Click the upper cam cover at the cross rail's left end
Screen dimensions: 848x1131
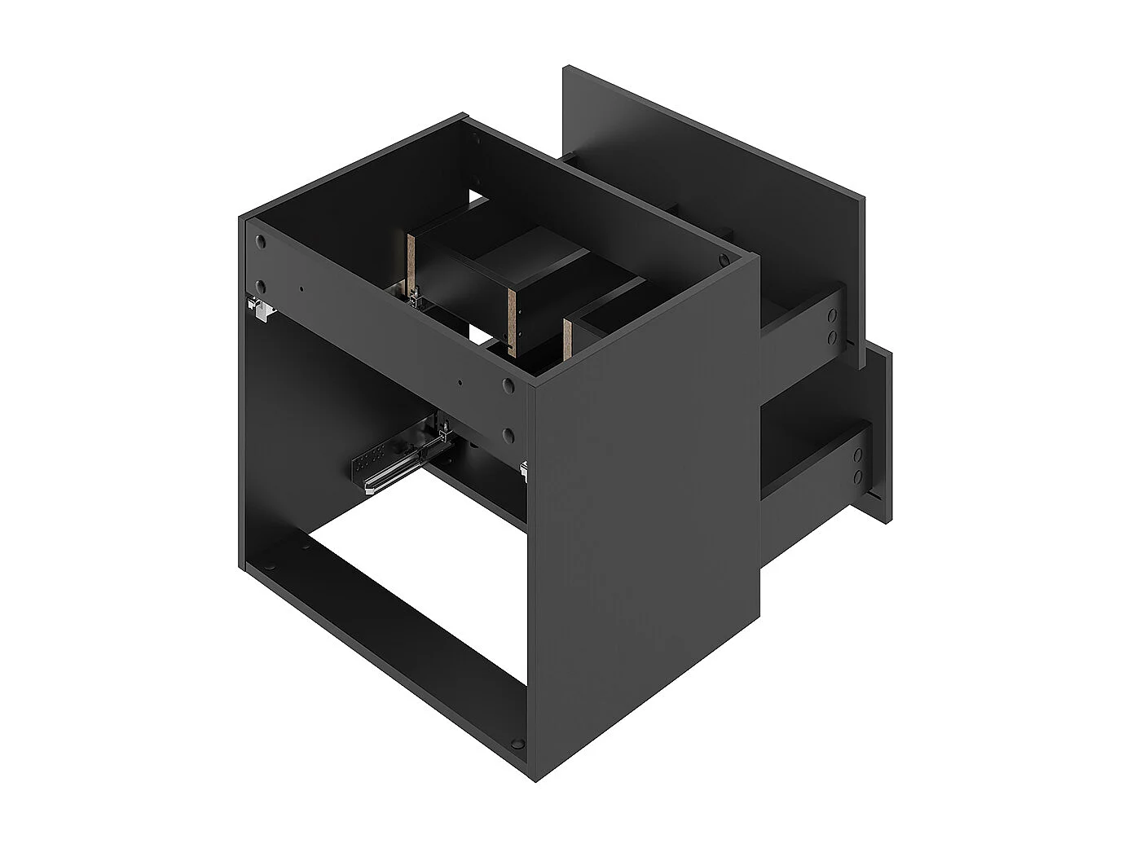[260, 242]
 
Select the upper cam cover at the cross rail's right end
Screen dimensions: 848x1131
[508, 384]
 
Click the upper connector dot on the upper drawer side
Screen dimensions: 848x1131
[831, 315]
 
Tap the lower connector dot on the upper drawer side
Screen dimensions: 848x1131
[831, 336]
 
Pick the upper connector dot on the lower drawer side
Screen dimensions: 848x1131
[857, 453]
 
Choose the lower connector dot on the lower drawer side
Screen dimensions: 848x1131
[857, 476]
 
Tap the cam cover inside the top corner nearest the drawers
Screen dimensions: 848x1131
[724, 259]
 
